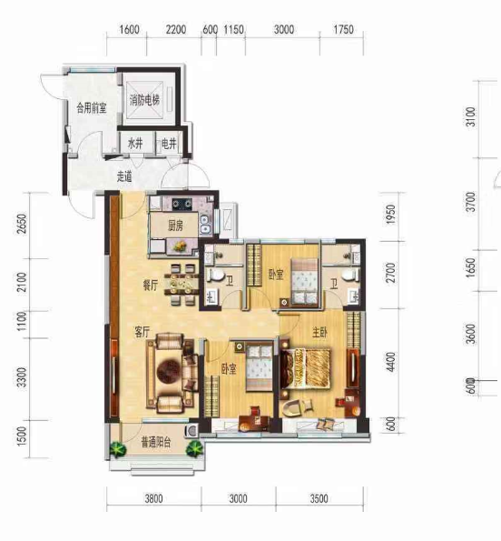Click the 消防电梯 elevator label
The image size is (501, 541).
(144, 100)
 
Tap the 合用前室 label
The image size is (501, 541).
(92, 108)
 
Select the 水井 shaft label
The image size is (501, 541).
(135, 144)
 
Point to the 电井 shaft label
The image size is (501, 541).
(169, 144)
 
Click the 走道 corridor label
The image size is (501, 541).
(124, 176)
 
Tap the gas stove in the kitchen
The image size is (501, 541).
(182, 205)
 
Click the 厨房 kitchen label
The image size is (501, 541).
(175, 225)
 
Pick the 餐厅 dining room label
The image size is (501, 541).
(151, 285)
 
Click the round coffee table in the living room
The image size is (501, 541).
(169, 371)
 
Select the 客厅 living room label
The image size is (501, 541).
(142, 332)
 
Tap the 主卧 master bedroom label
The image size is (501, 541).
(319, 332)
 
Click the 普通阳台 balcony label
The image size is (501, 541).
(156, 442)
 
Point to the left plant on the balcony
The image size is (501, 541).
(118, 449)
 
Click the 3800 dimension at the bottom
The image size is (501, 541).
(153, 498)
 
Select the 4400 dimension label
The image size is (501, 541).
(390, 362)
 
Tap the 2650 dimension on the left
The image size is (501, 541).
(22, 224)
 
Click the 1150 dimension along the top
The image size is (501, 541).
(234, 29)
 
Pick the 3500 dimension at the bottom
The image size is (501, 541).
(319, 498)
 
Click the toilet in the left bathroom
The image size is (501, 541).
(216, 276)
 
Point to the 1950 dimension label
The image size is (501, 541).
(390, 215)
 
